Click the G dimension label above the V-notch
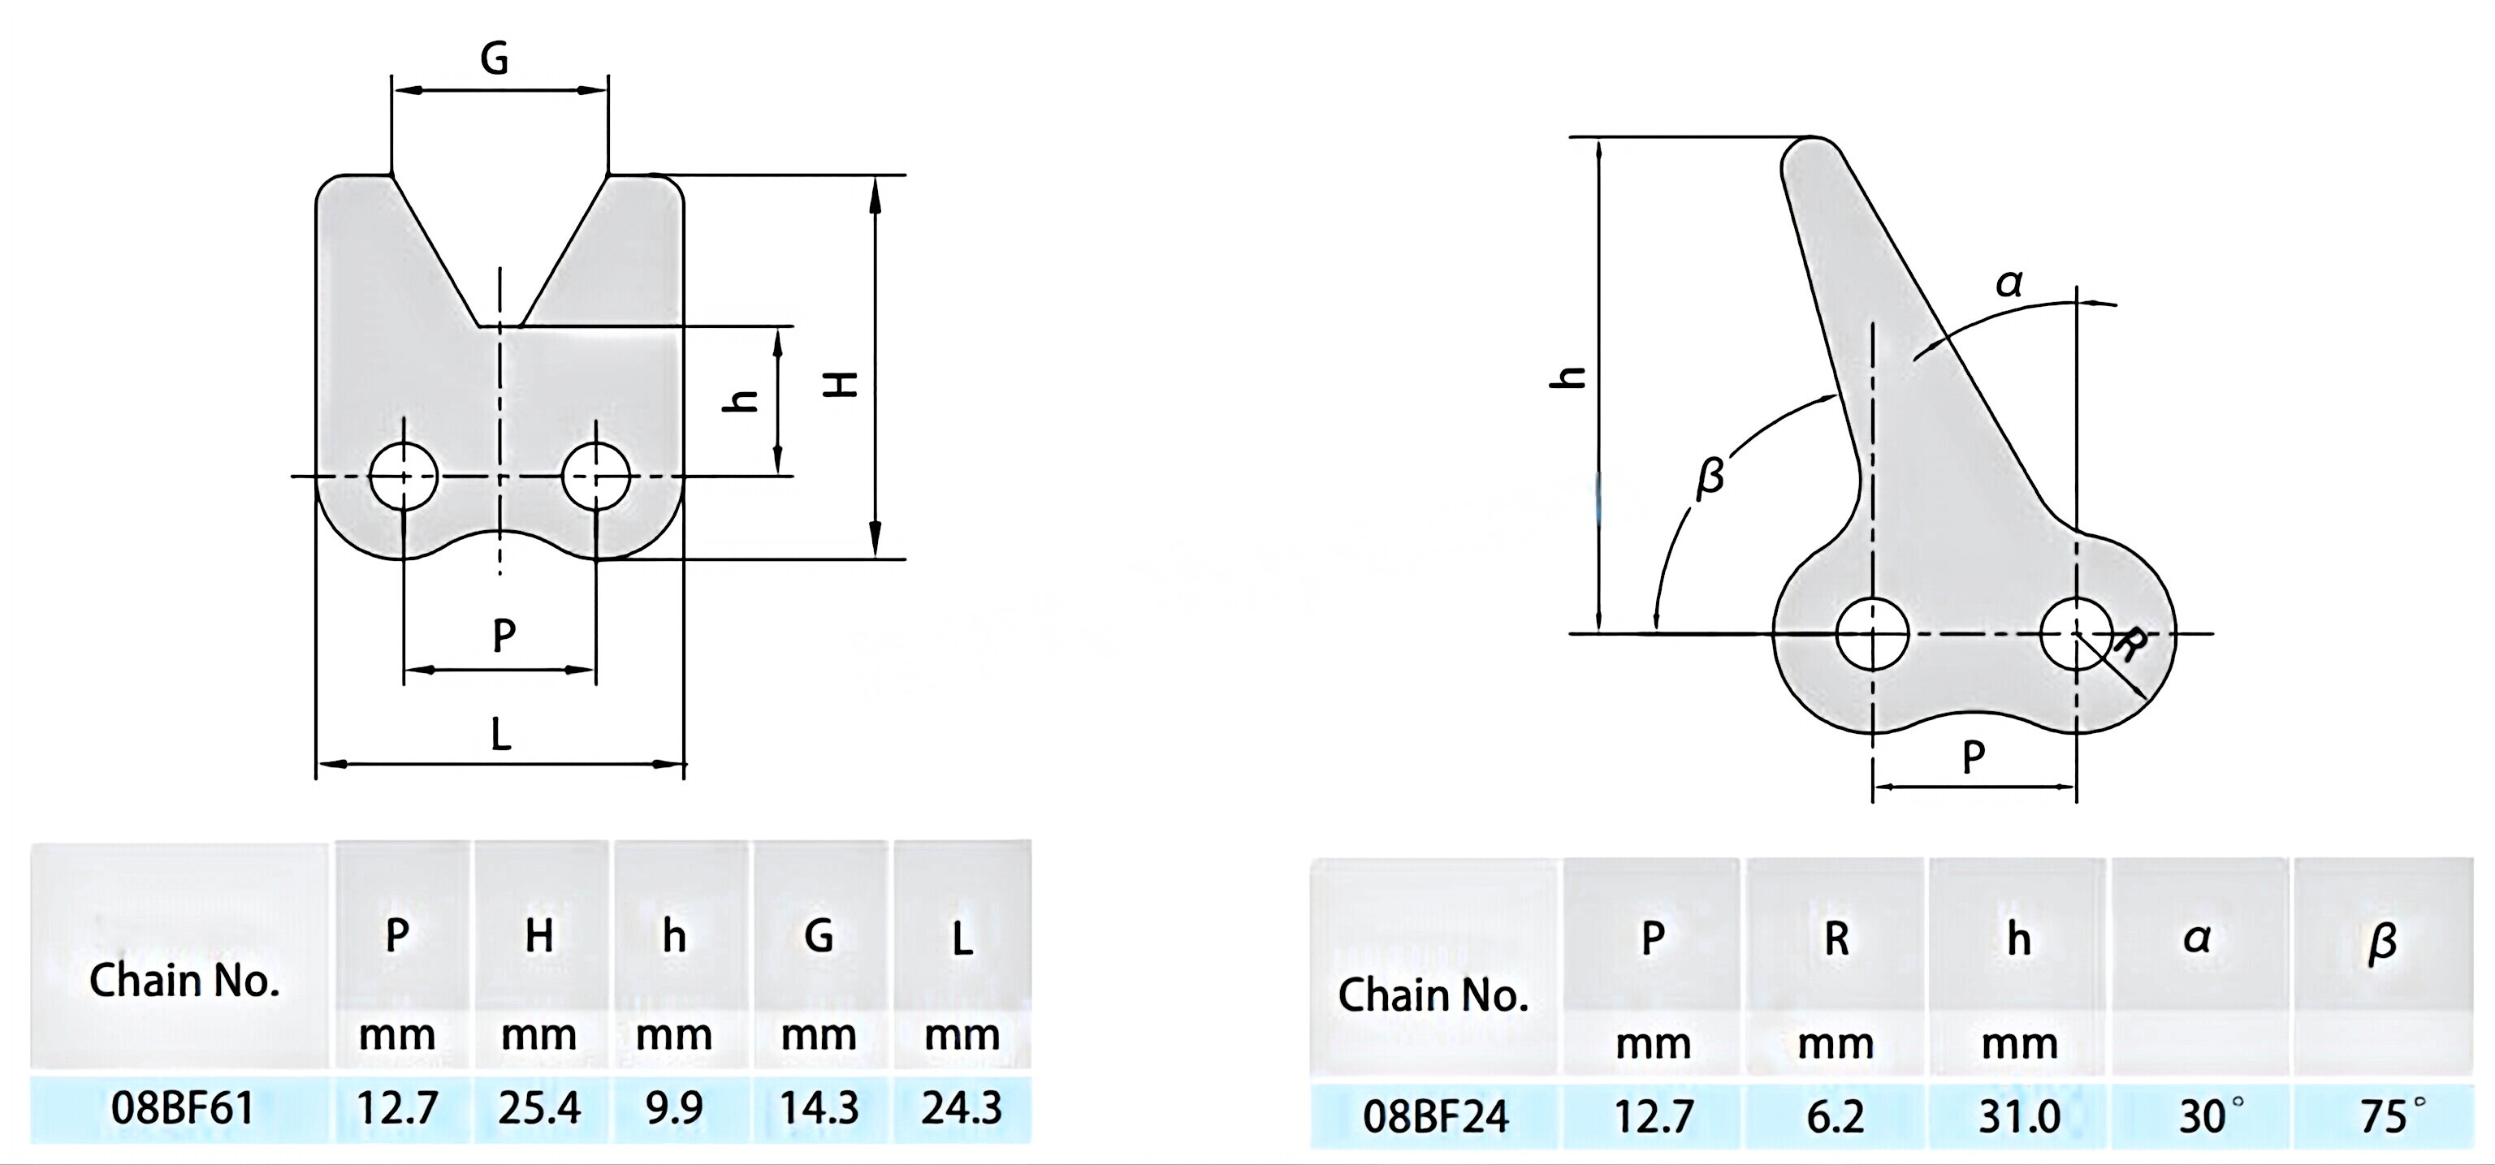[494, 60]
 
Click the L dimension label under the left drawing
[501, 735]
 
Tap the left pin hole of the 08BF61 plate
[404, 476]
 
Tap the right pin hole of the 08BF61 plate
[595, 476]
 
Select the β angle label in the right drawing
[1710, 477]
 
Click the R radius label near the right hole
[2128, 644]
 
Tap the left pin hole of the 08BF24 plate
[1872, 634]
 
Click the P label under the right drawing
[1973, 757]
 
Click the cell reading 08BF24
[1435, 1116]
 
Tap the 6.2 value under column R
[1836, 1116]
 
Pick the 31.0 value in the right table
[2018, 1116]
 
